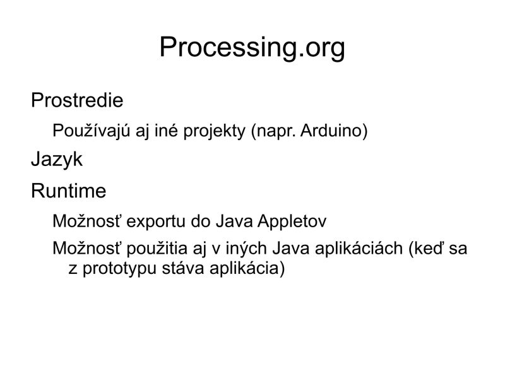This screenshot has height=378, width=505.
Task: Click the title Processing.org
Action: (x=252, y=47)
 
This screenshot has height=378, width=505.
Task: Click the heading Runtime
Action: (x=68, y=191)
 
